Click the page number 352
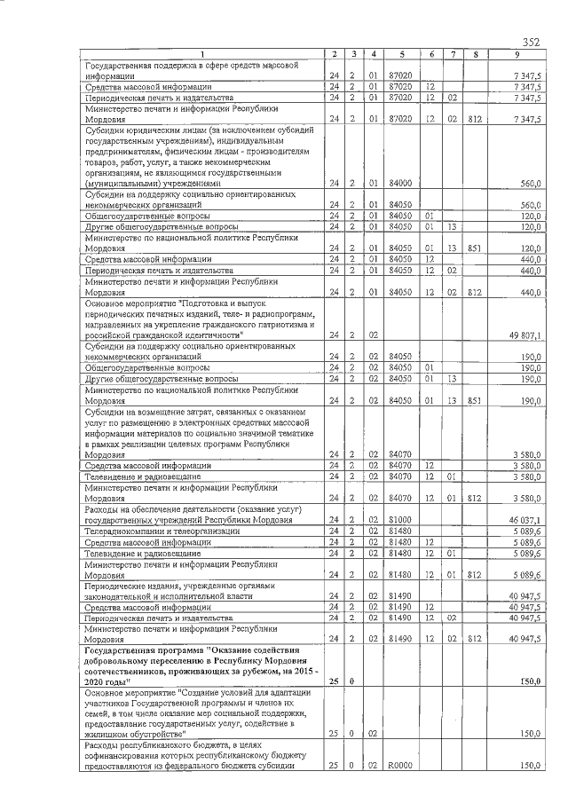point(531,42)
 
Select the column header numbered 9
point(516,55)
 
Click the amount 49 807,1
point(524,335)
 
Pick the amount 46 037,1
point(524,520)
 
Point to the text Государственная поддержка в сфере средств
point(191,66)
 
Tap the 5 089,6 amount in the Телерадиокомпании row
point(525,531)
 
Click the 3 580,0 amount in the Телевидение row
point(525,476)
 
